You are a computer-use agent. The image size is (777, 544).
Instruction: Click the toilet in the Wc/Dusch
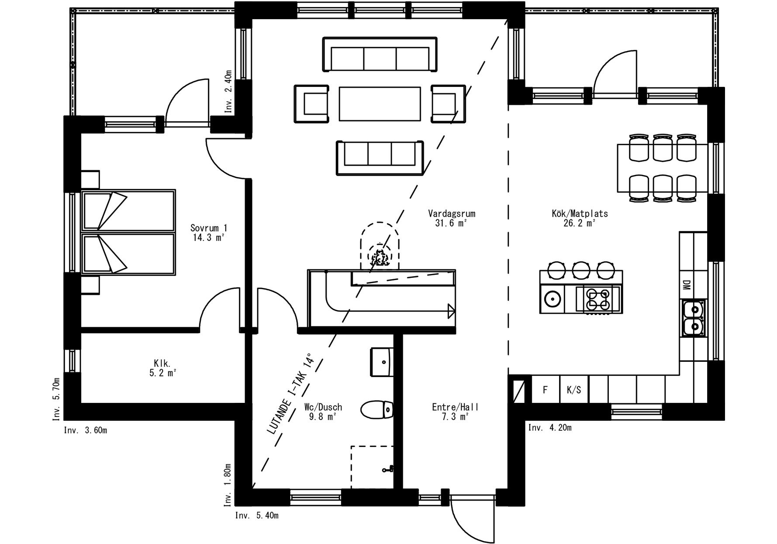pos(377,410)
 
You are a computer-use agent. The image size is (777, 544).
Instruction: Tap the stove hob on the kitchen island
pos(597,299)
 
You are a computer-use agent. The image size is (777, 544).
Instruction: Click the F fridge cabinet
pos(546,389)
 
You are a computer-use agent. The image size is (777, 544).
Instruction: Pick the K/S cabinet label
pos(574,390)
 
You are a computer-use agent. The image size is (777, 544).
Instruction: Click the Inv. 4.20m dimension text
pos(549,427)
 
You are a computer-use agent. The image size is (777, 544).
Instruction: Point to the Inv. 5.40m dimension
pos(257,516)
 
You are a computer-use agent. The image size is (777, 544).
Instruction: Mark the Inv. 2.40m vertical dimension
pos(228,92)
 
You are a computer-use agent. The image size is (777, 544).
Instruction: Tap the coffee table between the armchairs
pos(380,104)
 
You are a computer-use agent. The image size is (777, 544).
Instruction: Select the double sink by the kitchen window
pos(694,318)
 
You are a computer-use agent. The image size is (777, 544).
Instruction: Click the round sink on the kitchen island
pos(552,299)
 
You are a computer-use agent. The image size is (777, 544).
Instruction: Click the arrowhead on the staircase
pos(451,311)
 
